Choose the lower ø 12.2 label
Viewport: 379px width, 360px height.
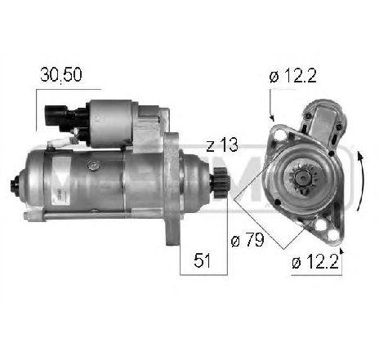click(x=315, y=262)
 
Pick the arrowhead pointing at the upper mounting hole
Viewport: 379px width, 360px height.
click(x=271, y=120)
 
